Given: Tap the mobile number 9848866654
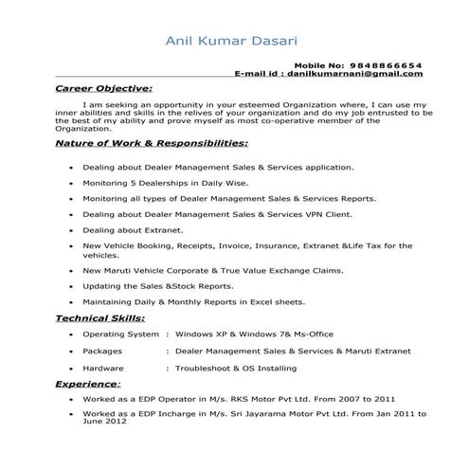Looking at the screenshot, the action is click(x=386, y=64).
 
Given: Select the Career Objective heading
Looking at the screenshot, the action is click(x=103, y=88).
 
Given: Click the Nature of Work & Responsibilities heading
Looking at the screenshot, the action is click(x=152, y=143).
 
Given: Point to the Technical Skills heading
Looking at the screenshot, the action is click(x=100, y=318).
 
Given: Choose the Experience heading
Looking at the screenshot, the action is click(x=87, y=385).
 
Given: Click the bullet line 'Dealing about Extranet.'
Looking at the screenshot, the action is click(x=133, y=230).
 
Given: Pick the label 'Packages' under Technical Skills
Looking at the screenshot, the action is click(x=102, y=351).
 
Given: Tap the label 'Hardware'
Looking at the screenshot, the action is click(x=103, y=367).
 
